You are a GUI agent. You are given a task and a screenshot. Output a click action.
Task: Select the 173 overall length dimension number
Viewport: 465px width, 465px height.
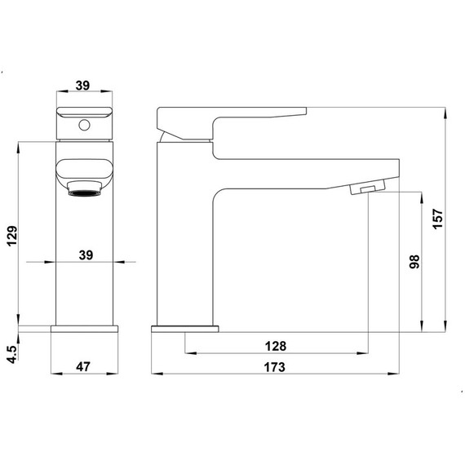click(x=274, y=368)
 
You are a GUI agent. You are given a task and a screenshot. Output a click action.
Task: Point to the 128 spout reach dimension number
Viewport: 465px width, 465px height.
click(x=274, y=346)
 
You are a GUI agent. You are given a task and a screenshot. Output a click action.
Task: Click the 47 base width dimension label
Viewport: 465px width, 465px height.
click(x=82, y=368)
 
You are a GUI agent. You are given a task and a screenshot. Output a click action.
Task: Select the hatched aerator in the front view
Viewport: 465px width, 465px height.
click(x=82, y=192)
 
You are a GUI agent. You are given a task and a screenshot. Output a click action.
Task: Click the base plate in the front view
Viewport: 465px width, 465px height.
click(x=86, y=329)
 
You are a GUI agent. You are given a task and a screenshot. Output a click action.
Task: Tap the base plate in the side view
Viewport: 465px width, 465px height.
click(x=186, y=329)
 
